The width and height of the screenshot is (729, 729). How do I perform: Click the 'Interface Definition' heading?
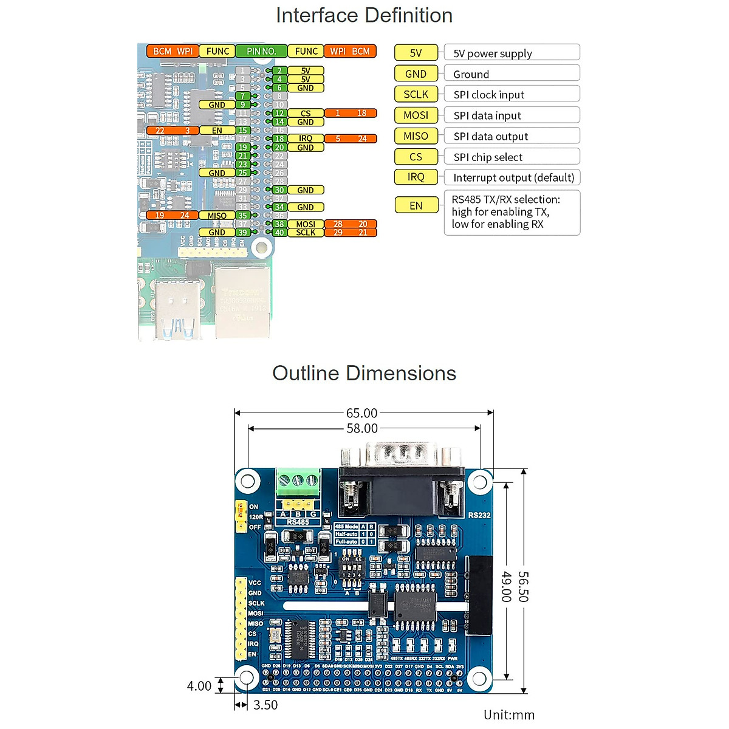364,16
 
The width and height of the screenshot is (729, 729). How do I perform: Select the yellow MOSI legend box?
416,115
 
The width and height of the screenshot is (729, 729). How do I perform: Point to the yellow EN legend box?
416,205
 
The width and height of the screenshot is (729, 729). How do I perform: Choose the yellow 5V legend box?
416,53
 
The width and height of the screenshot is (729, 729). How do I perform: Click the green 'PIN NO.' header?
261,52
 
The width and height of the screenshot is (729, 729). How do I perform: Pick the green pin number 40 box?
279,233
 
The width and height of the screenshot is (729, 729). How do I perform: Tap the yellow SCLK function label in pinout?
306,233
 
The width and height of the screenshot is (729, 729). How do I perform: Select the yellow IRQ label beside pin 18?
306,139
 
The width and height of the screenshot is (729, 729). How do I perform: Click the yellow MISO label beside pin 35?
217,216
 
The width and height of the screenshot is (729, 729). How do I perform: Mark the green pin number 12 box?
279,113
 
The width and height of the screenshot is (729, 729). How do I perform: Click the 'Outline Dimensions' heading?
364,373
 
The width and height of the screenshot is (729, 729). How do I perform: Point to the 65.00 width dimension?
362,413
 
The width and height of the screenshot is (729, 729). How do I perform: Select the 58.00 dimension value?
362,428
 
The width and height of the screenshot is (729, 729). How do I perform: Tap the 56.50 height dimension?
523,586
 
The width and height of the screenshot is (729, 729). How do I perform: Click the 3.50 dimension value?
265,705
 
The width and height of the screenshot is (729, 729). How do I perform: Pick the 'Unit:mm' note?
509,715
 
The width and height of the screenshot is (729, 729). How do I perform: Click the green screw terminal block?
298,483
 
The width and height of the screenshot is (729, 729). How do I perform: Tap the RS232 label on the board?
479,515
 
